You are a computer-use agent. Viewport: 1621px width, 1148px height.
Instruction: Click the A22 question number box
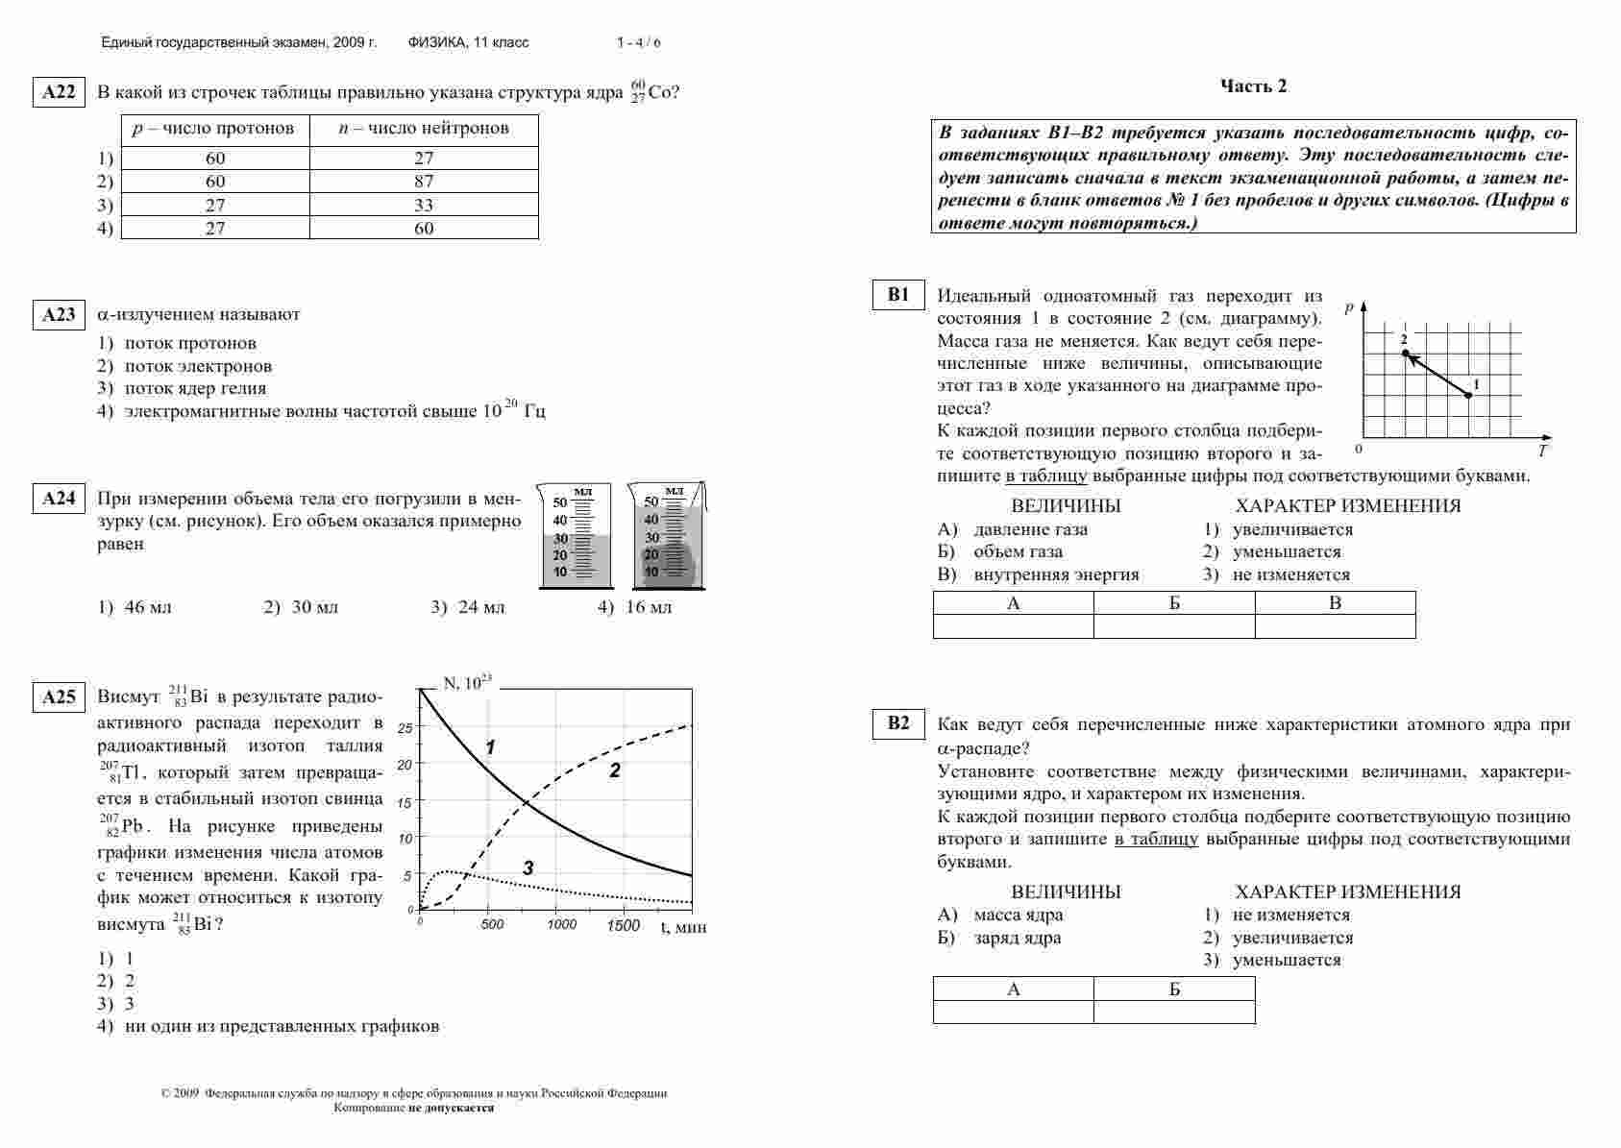tap(59, 92)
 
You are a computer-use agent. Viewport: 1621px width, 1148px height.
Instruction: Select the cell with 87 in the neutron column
tap(424, 182)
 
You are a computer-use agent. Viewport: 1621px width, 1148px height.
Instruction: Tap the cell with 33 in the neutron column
tap(424, 205)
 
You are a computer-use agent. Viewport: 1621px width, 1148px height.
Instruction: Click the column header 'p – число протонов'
tap(214, 129)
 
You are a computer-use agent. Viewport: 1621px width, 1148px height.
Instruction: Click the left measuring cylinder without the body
tap(576, 538)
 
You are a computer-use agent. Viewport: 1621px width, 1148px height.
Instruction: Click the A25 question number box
tap(59, 697)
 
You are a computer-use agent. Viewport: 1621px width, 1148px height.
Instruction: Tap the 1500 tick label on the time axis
tap(623, 925)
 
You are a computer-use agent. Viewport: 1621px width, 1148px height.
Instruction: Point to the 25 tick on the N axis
tap(405, 728)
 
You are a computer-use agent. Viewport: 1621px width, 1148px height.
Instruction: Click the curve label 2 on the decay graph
tap(615, 769)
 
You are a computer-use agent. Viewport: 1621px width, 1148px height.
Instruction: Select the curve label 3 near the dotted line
tap(528, 867)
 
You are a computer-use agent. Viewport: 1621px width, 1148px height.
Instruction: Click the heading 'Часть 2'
tap(1253, 86)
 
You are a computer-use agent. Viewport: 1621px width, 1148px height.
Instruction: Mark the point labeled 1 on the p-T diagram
tap(1467, 395)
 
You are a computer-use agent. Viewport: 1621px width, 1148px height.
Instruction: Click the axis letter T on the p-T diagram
tap(1541, 451)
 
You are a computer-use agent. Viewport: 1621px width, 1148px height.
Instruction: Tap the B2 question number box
tap(897, 723)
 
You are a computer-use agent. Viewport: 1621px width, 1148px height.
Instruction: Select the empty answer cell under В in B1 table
tap(1335, 626)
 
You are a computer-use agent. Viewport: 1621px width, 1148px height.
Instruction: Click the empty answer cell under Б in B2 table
tap(1174, 1012)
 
